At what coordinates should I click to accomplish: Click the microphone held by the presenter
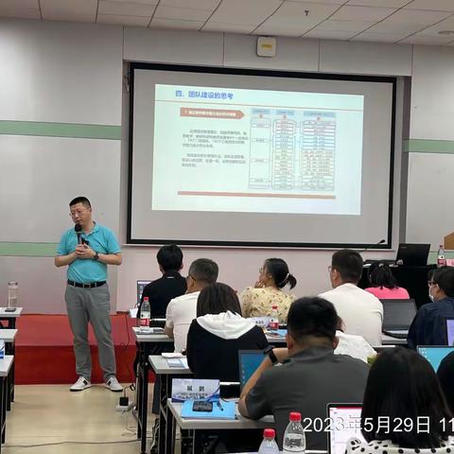[79, 232]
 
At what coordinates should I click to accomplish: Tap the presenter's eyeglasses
[79, 212]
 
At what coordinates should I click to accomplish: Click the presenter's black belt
[87, 283]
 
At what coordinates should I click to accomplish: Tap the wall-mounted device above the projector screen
[266, 46]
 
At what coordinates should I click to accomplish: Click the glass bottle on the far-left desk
[12, 294]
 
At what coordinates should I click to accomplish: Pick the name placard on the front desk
[195, 389]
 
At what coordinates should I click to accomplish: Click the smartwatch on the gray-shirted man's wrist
[271, 356]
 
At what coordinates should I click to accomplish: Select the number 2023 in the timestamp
[322, 425]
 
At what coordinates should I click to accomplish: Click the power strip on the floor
[123, 402]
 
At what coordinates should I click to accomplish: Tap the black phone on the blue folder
[202, 407]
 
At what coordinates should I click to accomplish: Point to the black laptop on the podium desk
[412, 255]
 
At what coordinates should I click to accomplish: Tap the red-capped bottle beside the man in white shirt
[273, 317]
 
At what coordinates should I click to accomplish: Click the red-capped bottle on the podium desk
[441, 255]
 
